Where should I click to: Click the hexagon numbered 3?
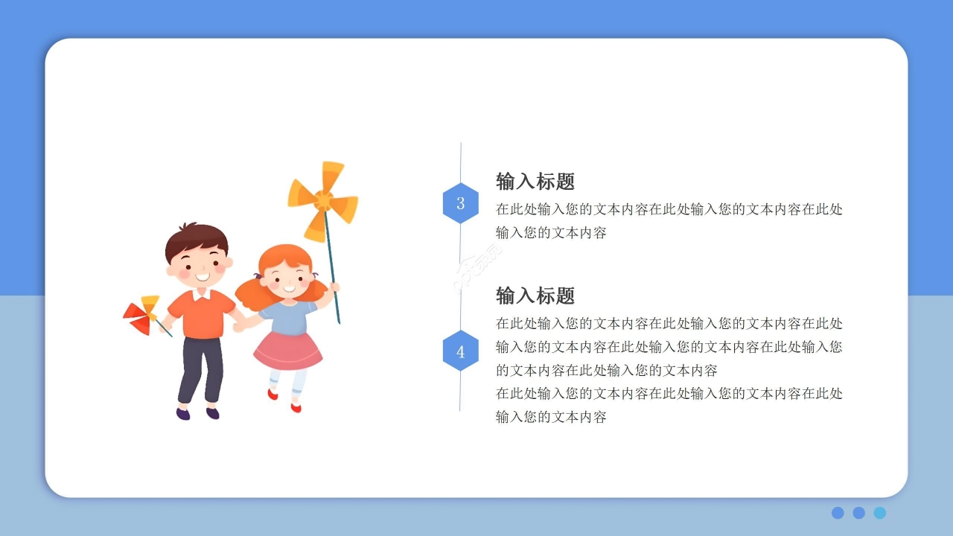coord(460,203)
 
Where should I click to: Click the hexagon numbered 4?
coord(460,351)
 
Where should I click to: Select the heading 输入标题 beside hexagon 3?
coord(535,182)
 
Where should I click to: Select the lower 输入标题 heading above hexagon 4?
coord(535,296)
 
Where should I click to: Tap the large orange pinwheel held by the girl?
coord(323,200)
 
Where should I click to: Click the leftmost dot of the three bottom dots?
coord(838,513)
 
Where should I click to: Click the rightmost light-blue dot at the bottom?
coord(880,513)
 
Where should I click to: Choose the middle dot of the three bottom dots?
coord(858,513)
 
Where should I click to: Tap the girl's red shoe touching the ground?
coord(296,407)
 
